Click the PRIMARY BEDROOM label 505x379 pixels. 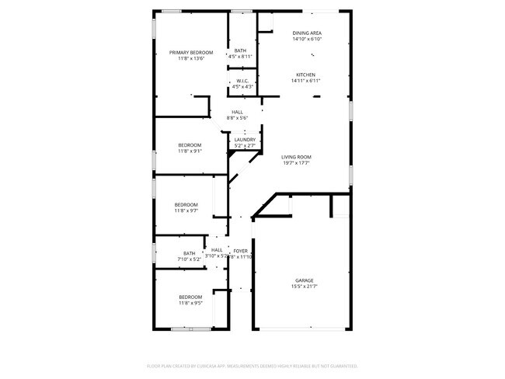[x=191, y=53]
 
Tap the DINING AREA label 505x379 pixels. [x=307, y=33]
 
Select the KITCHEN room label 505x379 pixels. [x=305, y=75]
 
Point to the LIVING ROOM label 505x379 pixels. [x=296, y=157]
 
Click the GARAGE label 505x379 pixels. [x=304, y=280]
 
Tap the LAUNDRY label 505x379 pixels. [x=245, y=140]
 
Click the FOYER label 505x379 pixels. [x=240, y=250]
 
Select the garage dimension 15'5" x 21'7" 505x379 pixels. [x=304, y=287]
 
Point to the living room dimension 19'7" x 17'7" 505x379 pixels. [x=296, y=163]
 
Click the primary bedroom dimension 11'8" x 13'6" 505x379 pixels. [x=191, y=59]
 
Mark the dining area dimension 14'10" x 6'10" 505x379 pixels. [x=307, y=39]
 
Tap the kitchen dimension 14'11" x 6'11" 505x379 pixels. [x=305, y=81]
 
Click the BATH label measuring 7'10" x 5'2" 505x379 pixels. [x=190, y=252]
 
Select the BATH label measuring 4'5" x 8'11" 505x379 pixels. [x=240, y=50]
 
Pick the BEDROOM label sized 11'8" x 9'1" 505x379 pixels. [x=190, y=145]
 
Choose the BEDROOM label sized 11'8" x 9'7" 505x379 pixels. [x=186, y=204]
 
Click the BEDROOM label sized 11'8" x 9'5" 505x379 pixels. [x=190, y=297]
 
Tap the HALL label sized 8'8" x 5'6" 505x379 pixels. [x=237, y=112]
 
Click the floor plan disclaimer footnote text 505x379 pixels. [x=252, y=365]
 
